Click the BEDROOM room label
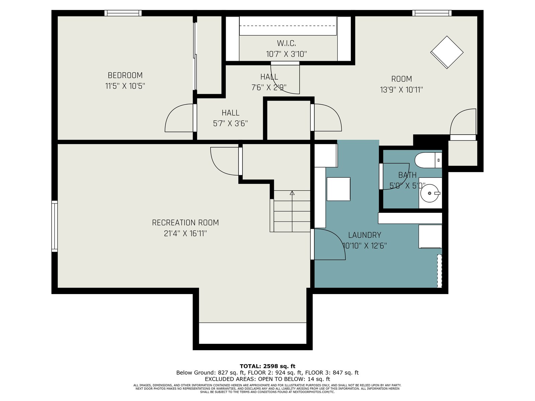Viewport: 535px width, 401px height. (x=125, y=76)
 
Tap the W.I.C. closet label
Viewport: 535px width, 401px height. (x=286, y=43)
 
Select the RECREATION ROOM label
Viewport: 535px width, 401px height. (x=185, y=223)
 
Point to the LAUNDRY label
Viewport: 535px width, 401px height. (x=364, y=235)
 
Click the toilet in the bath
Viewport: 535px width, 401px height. (x=428, y=160)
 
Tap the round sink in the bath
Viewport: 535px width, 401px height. (x=429, y=193)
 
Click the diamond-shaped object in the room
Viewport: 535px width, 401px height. (x=447, y=52)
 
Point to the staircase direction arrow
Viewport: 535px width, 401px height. (x=292, y=211)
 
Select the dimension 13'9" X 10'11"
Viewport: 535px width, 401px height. (x=402, y=90)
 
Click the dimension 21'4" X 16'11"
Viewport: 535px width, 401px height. (x=185, y=234)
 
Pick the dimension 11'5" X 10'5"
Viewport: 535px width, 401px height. (x=125, y=86)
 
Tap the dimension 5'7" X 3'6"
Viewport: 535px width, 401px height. (x=230, y=123)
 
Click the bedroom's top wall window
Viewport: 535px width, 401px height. (x=123, y=13)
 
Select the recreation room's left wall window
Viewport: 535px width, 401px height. (x=55, y=226)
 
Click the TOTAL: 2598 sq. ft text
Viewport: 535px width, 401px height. (x=267, y=366)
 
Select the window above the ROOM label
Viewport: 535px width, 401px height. (x=432, y=13)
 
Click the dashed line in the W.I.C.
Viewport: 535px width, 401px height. (x=288, y=26)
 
